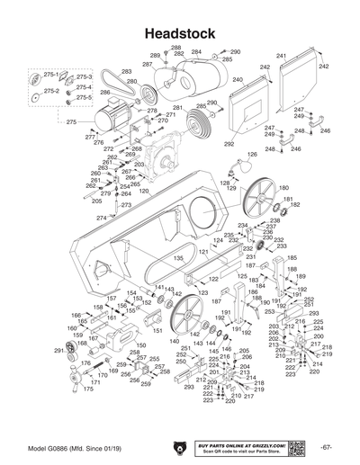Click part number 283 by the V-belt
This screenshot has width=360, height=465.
click(127, 71)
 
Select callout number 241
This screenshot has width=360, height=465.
click(281, 57)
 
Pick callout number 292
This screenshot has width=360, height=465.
click(229, 144)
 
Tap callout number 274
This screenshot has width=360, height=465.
click(101, 218)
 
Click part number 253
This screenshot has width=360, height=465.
click(269, 311)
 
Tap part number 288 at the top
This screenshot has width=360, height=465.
click(175, 47)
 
